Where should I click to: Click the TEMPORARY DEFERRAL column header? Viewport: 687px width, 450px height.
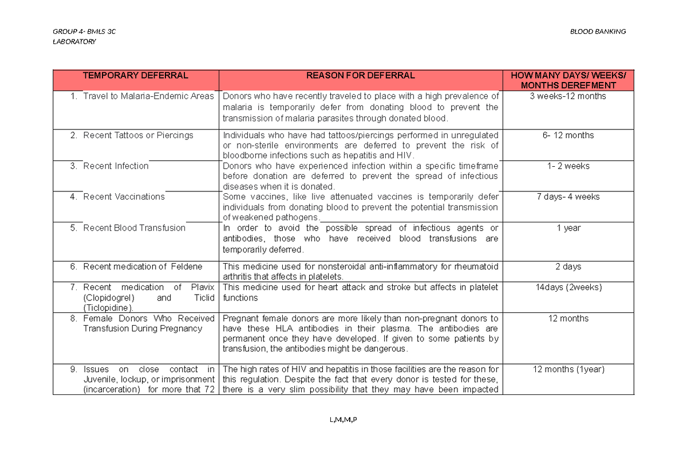pos(135,76)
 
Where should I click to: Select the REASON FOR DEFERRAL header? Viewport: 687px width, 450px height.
pos(361,76)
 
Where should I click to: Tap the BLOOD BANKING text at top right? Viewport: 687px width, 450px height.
pos(598,32)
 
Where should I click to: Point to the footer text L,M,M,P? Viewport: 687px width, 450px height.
pos(343,420)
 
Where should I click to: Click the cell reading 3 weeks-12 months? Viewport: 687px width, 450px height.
pos(568,96)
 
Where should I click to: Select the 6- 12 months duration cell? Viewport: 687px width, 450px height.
pos(568,135)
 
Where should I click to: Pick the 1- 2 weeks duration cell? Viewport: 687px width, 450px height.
pos(568,166)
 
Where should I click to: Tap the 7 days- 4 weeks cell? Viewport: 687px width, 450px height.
pos(568,197)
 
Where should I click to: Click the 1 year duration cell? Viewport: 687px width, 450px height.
pos(568,228)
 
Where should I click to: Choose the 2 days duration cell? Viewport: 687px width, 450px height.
pos(568,267)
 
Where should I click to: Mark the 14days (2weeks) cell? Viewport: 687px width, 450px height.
pos(568,288)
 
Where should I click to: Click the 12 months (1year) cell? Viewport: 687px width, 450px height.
pos(568,370)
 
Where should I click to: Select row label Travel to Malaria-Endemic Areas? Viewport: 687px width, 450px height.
pos(148,96)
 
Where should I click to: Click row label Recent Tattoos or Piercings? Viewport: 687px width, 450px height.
pos(138,135)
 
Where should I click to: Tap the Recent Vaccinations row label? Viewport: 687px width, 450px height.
pos(124,197)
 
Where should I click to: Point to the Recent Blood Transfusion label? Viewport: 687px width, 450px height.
pos(134,228)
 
